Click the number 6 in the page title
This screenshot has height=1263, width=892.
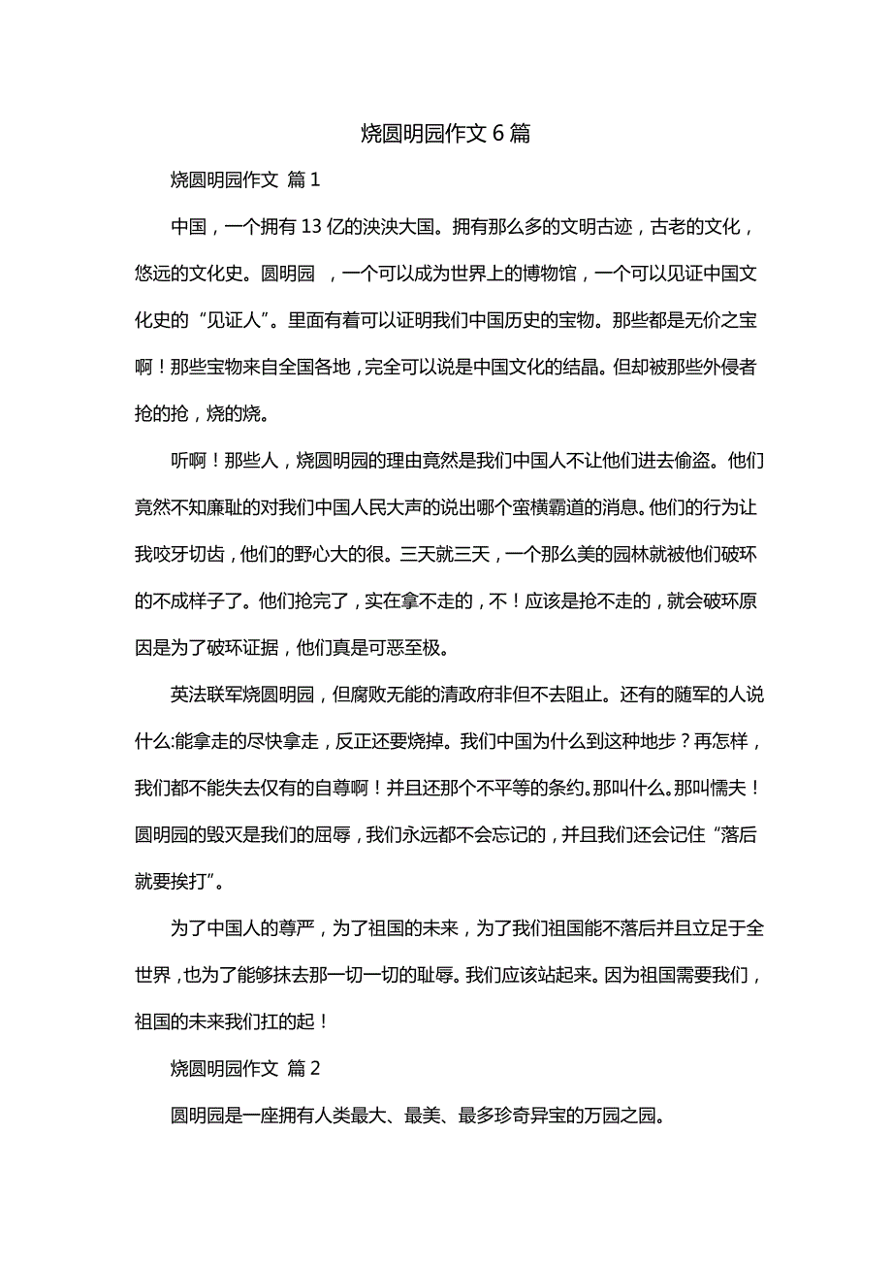[x=497, y=134]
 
